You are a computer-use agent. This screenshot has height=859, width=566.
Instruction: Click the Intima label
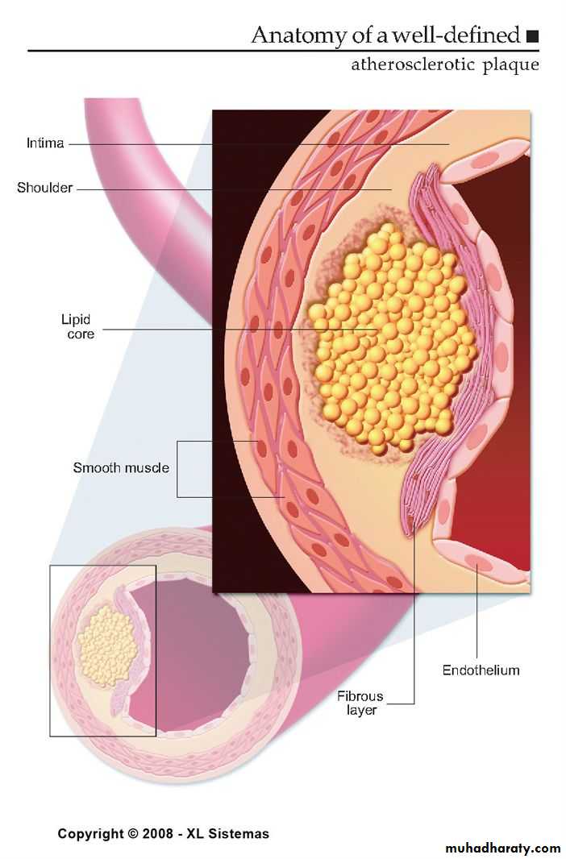44,144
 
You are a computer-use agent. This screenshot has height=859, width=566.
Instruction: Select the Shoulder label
45,188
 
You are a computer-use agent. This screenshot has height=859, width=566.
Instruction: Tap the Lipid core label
78,326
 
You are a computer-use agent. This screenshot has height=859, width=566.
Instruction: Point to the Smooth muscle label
121,467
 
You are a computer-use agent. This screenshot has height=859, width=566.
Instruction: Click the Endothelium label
481,670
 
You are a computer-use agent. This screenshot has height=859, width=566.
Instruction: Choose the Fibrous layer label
360,703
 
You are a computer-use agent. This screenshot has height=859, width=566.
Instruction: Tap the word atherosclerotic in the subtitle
411,64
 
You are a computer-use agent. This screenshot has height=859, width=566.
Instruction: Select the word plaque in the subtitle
510,64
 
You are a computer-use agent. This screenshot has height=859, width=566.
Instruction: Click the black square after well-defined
531,36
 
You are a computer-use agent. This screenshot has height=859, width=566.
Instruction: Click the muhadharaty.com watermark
503,848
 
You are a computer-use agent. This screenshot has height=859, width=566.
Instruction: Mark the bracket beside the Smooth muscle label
179,468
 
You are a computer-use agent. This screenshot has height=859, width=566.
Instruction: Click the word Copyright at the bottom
89,833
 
